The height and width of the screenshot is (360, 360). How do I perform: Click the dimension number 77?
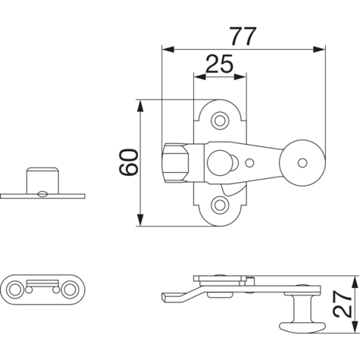[243, 36]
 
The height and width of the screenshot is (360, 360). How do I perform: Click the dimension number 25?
[219, 64]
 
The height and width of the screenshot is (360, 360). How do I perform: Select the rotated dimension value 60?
[129, 162]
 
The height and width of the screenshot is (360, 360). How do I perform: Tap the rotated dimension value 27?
[343, 304]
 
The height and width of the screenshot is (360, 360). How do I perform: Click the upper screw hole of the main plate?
[220, 121]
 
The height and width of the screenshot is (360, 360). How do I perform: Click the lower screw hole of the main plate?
[220, 205]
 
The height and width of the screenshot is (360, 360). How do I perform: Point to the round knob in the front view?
[302, 163]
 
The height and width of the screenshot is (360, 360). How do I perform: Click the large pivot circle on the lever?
[218, 163]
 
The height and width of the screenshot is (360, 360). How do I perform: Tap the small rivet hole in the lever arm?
[249, 163]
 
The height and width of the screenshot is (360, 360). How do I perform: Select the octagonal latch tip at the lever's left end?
[175, 163]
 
